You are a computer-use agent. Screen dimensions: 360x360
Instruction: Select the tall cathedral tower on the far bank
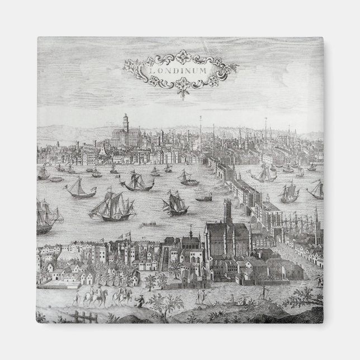click(x=126, y=124)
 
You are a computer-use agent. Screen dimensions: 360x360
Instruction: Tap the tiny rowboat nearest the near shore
click(x=148, y=225)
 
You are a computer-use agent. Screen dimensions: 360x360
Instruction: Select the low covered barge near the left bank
click(x=55, y=179)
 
